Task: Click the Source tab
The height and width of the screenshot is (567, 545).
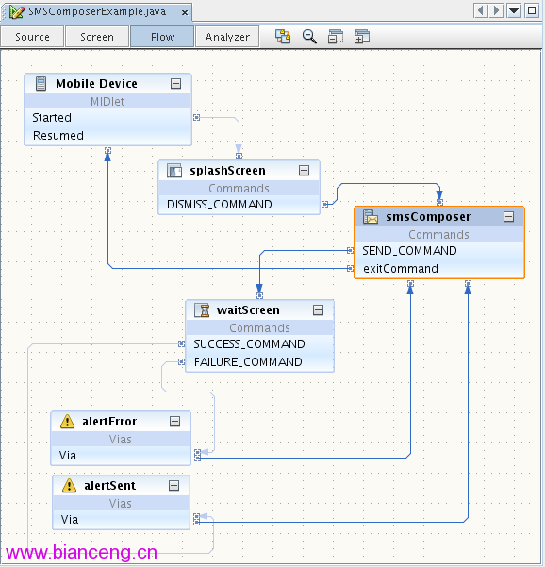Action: tap(32, 37)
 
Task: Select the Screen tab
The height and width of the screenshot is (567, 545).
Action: tap(97, 37)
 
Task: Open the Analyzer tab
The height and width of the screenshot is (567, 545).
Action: tap(227, 37)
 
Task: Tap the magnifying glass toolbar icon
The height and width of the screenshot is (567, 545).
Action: tap(309, 37)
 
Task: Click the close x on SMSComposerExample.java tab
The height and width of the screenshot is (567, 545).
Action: tap(185, 12)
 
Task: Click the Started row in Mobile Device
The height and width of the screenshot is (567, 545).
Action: tap(52, 118)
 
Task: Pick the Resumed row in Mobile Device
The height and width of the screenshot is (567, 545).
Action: tap(58, 136)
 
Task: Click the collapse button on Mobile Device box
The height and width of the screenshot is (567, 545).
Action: tap(175, 84)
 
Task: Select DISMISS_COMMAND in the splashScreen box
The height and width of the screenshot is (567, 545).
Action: tap(220, 205)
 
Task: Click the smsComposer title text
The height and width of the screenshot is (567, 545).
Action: tap(428, 217)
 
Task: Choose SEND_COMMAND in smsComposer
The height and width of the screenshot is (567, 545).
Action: tap(409, 251)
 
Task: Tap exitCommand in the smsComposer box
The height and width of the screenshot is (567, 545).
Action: tap(401, 269)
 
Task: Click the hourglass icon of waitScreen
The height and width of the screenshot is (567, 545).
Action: tap(202, 310)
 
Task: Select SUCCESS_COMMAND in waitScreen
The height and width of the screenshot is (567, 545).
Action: tap(249, 344)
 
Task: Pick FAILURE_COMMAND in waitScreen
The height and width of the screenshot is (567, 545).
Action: tap(248, 362)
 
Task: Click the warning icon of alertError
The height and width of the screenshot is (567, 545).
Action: tap(67, 422)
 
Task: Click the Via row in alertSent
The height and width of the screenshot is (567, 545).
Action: tap(70, 520)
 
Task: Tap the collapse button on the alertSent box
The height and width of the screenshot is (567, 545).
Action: tap(173, 485)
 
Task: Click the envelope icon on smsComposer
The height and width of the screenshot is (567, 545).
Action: tap(371, 217)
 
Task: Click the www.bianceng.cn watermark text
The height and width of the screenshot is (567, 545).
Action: tap(82, 552)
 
